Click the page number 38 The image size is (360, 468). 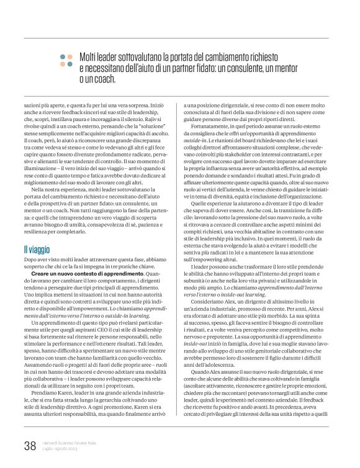(30, 446)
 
